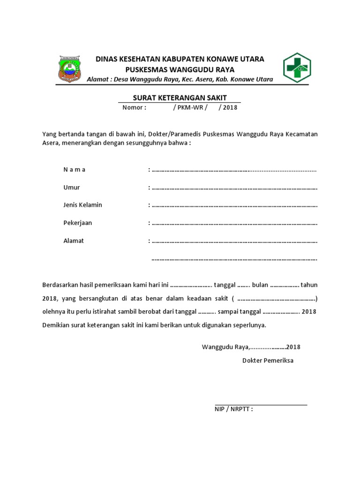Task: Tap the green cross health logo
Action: [x=296, y=67]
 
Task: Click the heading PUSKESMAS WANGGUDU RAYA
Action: [x=180, y=69]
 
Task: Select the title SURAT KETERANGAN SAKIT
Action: [x=180, y=97]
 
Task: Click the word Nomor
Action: [x=135, y=107]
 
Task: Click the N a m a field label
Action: [x=75, y=170]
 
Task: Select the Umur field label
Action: [x=72, y=187]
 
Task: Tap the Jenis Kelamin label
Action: [x=83, y=205]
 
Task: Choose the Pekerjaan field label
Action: [x=78, y=223]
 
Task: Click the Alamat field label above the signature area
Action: [x=74, y=240]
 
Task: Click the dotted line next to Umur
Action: [x=234, y=188]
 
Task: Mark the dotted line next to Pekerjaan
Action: [x=234, y=224]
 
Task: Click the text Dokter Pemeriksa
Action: [x=268, y=360]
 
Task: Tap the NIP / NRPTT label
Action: [x=233, y=409]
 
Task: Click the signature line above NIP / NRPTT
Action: [x=261, y=404]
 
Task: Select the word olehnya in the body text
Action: [x=54, y=311]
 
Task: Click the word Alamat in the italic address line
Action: [x=97, y=79]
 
